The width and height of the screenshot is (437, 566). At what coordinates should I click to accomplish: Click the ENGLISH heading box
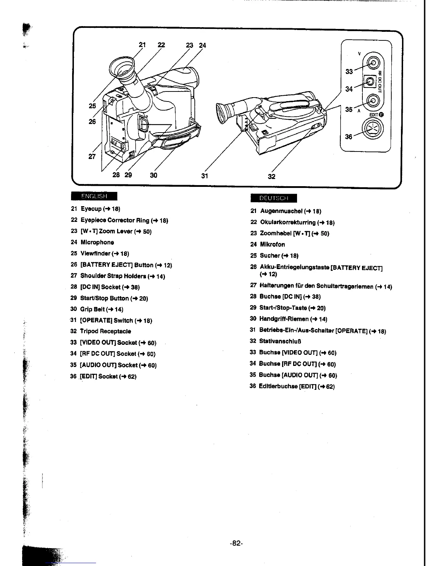(x=94, y=196)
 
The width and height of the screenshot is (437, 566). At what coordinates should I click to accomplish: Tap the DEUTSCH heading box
(x=273, y=198)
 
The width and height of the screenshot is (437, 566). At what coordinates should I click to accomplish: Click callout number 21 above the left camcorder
(x=142, y=45)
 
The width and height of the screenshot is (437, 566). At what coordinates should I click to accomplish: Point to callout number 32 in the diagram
(x=271, y=176)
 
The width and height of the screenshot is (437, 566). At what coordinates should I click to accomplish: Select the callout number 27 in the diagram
(x=92, y=156)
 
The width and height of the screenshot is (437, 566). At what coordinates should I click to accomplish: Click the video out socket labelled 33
(x=373, y=64)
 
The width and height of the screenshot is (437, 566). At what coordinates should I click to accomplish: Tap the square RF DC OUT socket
(x=370, y=82)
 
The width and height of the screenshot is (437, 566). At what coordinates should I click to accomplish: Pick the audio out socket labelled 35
(x=373, y=100)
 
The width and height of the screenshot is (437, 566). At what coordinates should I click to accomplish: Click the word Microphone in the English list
(x=97, y=242)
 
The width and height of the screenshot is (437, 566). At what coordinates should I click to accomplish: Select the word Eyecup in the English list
(x=91, y=209)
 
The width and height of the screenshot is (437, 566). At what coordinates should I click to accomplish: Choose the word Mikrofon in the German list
(x=272, y=244)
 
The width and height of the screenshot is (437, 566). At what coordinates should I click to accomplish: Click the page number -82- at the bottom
(x=236, y=543)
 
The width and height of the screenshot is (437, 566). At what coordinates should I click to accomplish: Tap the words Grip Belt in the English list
(x=92, y=309)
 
